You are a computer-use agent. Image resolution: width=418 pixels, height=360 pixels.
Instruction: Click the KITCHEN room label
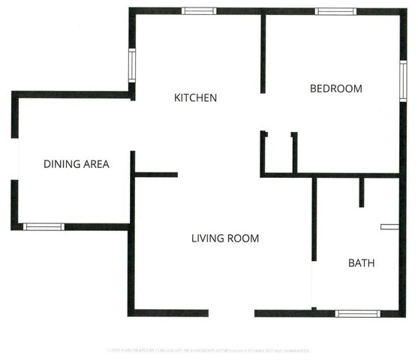195,97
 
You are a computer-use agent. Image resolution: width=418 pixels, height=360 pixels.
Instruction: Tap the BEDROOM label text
335,88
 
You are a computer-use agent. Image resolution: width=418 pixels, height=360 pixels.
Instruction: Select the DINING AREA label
77,164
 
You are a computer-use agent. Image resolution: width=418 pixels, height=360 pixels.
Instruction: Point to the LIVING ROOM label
224,238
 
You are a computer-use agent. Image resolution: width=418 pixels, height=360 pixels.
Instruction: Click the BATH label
361,263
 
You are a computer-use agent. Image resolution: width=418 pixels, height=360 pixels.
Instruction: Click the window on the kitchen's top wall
200,11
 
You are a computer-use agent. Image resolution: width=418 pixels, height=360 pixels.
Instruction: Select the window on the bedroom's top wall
335,11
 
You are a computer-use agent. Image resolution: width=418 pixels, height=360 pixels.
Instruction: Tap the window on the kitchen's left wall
132,65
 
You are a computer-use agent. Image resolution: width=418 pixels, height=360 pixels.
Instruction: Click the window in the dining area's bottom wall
44,226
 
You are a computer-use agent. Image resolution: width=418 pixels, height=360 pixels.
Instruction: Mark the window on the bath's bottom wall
357,313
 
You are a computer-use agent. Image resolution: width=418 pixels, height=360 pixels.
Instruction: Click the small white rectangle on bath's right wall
389,225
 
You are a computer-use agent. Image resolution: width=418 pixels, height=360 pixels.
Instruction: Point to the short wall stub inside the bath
361,192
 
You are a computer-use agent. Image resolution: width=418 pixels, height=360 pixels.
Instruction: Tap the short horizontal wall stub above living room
156,175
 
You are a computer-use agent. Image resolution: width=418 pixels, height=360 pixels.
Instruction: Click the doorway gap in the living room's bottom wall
231,313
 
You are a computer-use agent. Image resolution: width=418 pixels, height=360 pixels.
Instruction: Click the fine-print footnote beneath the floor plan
208,350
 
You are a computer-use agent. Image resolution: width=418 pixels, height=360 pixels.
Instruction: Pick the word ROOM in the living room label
244,238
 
